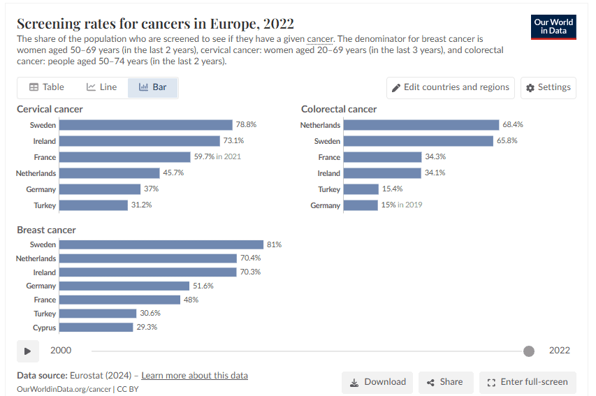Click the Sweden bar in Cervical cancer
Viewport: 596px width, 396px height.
pyautogui.click(x=145, y=125)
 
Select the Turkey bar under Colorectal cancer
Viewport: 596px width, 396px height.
pyautogui.click(x=361, y=189)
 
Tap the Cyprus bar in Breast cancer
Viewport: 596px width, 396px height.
pyautogui.click(x=96, y=328)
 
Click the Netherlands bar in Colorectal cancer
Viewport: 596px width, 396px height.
pyautogui.click(x=421, y=125)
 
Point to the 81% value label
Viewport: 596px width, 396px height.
pyautogui.click(x=274, y=245)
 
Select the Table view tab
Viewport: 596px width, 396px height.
pyautogui.click(x=47, y=87)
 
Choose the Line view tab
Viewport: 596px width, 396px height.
pyautogui.click(x=102, y=87)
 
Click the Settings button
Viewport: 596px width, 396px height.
pyautogui.click(x=548, y=87)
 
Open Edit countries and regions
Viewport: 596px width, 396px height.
pyautogui.click(x=451, y=87)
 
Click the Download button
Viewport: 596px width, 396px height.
pyautogui.click(x=377, y=382)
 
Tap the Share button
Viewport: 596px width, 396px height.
pyautogui.click(x=444, y=382)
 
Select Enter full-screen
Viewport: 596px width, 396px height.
pyautogui.click(x=528, y=382)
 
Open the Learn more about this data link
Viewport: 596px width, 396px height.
pyautogui.click(x=194, y=376)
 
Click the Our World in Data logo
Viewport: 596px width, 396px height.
pyautogui.click(x=553, y=27)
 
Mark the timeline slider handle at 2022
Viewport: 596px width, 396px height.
pyautogui.click(x=529, y=351)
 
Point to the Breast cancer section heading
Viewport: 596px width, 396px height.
pyautogui.click(x=46, y=230)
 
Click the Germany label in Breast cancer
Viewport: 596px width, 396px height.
pyautogui.click(x=41, y=286)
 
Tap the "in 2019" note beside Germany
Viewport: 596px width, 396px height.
pyautogui.click(x=410, y=205)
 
